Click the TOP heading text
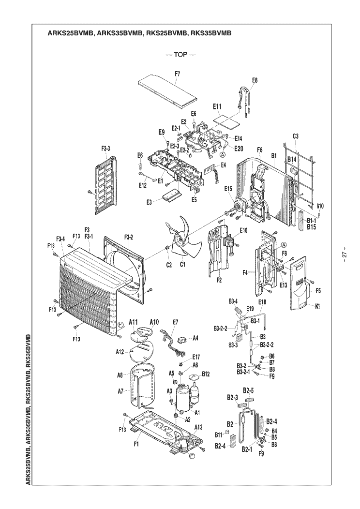(180, 55)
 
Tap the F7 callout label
(177, 74)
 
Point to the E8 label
(255, 80)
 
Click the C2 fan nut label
(169, 265)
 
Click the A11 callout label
(134, 322)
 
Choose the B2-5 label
(248, 390)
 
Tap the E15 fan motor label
(228, 189)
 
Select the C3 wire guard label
(295, 136)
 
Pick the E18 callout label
(262, 302)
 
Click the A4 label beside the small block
(195, 338)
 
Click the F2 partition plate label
(219, 280)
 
